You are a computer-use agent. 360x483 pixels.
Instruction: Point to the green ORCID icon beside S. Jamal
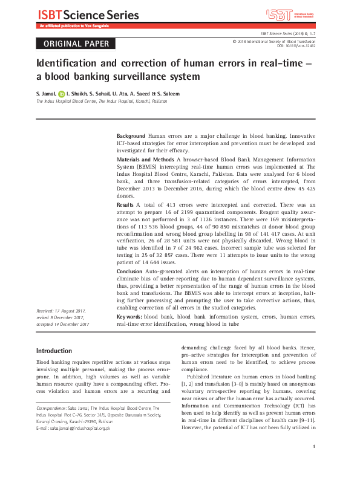click(61, 94)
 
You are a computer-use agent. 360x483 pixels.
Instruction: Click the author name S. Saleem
click(167, 94)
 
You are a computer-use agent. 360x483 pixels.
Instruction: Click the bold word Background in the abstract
click(131, 136)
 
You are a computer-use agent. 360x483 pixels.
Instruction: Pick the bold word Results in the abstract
click(125, 206)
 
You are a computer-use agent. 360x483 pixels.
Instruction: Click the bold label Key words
click(129, 316)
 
